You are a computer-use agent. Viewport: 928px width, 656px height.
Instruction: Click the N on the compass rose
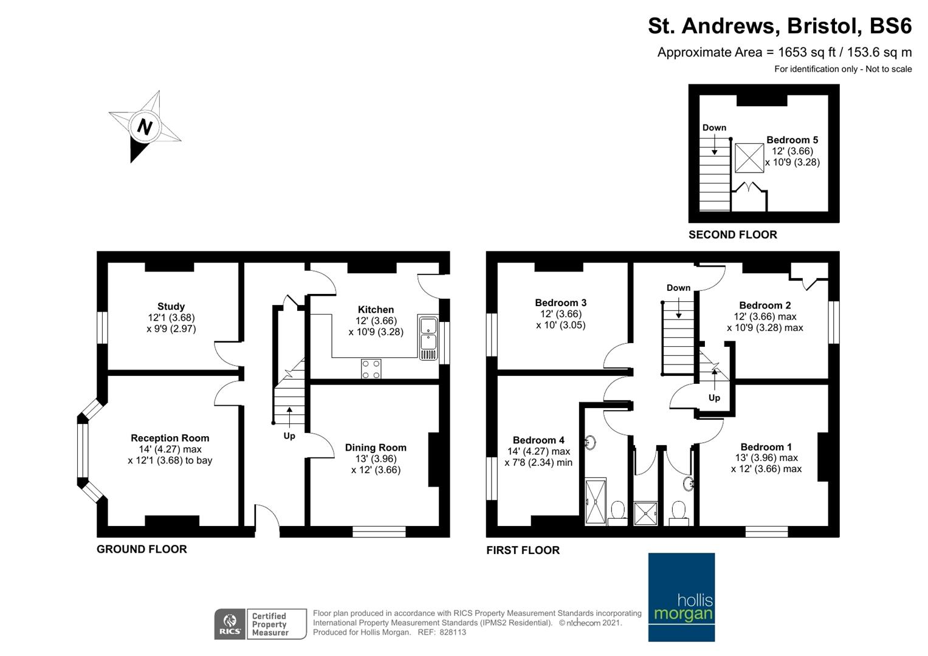pos(144,126)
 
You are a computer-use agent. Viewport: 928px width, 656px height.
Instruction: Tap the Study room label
pos(171,306)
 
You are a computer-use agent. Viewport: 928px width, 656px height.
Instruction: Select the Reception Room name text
pos(170,438)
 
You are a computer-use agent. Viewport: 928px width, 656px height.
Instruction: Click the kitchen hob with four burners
pos(371,369)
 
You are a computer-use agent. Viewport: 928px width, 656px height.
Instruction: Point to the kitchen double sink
pos(428,337)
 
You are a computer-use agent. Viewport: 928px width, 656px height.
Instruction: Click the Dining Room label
pos(376,448)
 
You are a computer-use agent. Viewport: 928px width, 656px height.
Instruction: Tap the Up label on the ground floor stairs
pos(289,436)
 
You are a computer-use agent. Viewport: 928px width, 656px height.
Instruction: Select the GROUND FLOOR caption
pos(142,549)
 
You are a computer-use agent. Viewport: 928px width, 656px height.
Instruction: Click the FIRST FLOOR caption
pos(523,550)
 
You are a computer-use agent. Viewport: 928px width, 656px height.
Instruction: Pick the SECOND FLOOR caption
pos(732,234)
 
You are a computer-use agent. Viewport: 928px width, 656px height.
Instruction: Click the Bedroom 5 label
pos(792,140)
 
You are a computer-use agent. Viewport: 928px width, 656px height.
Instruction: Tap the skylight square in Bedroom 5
pos(749,158)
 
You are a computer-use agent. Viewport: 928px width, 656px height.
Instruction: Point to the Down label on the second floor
pos(714,128)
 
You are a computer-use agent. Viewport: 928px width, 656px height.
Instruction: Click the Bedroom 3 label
pos(560,302)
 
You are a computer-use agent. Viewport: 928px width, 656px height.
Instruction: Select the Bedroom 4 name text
pos(538,440)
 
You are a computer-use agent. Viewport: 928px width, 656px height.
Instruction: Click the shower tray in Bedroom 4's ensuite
pos(595,502)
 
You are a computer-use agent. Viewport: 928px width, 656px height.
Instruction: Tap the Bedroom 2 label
pos(765,305)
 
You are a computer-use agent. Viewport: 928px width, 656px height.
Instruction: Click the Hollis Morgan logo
pos(681,597)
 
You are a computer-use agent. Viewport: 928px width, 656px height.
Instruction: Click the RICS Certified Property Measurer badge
pos(260,624)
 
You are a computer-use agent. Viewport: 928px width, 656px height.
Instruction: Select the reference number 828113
pos(452,632)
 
